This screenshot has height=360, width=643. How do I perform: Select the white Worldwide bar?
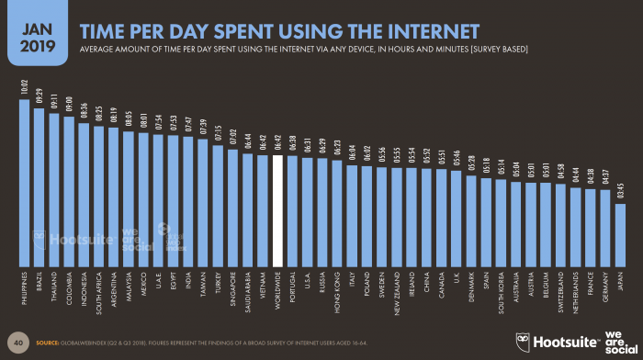pyautogui.click(x=277, y=210)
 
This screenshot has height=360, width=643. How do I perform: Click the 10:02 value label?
pyautogui.click(x=25, y=88)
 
